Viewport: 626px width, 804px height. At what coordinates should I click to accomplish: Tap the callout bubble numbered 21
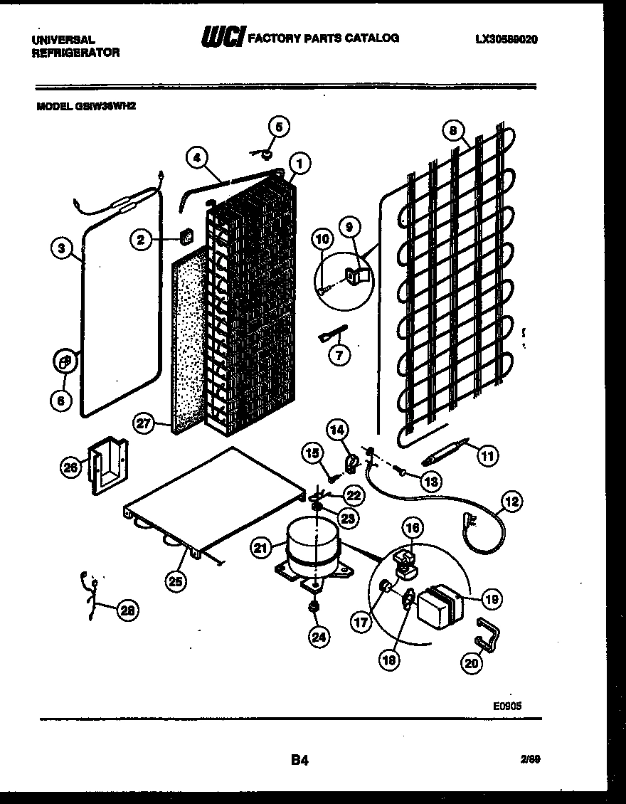tap(262, 547)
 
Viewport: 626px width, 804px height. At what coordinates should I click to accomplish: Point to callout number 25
tap(175, 581)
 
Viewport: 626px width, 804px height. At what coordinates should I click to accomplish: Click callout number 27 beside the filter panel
tap(144, 425)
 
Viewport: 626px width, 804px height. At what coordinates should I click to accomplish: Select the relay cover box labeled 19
tap(439, 604)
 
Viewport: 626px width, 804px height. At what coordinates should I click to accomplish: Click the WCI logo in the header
tap(221, 37)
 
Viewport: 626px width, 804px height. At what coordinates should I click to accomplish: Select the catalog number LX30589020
tap(506, 40)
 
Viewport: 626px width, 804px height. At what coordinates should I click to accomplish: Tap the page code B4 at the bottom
tap(299, 761)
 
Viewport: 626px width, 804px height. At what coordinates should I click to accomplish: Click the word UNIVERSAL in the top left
tap(63, 40)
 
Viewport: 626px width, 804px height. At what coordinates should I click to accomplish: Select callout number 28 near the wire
tap(128, 609)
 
